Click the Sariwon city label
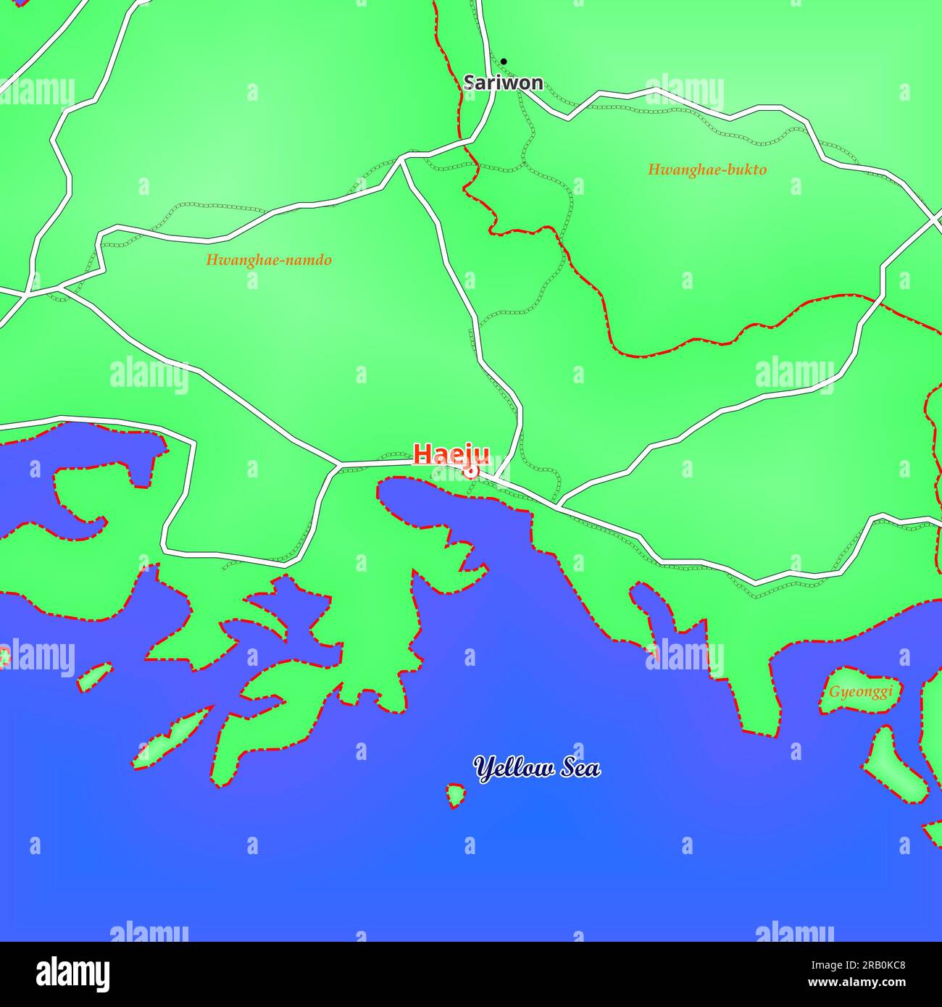tap(504, 83)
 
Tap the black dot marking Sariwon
tap(504, 62)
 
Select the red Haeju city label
tap(451, 454)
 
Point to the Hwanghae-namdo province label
tap(269, 260)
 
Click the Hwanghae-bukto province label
tap(706, 170)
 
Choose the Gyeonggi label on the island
tap(861, 691)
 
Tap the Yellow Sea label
tap(537, 768)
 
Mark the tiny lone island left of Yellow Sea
tap(455, 795)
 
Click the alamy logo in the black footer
tap(72, 974)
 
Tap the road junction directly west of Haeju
tap(338, 464)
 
